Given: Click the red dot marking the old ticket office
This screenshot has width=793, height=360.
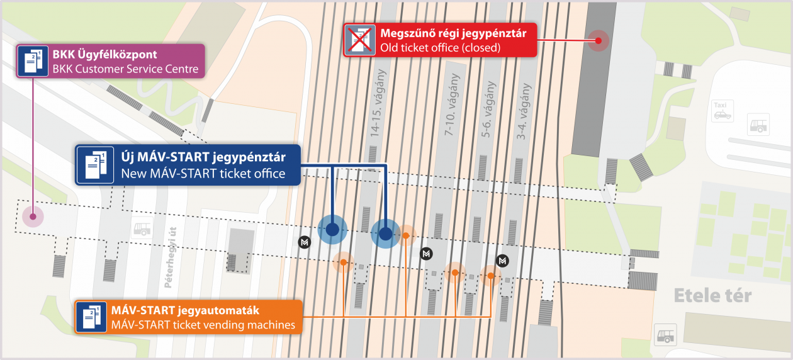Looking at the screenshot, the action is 599,40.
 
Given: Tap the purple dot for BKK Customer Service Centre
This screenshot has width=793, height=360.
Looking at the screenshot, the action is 33,217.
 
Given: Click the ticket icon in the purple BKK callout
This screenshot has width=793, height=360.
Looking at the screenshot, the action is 33,61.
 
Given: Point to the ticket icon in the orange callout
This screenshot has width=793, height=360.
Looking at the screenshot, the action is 91,317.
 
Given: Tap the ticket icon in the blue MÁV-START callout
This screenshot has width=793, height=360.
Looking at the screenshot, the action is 95,166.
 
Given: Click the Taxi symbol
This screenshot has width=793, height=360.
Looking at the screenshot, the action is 723,111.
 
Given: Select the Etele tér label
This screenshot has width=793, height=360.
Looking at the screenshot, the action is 712,296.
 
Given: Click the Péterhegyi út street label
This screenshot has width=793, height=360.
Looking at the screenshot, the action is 171,257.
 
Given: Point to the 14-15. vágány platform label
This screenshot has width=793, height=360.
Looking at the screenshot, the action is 377,103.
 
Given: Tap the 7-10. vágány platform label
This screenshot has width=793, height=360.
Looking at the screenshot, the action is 451,104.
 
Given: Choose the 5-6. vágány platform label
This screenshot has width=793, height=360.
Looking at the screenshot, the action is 488,110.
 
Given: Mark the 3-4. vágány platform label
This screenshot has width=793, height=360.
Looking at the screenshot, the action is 524,111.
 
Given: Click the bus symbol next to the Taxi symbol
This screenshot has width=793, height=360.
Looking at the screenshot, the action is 758,125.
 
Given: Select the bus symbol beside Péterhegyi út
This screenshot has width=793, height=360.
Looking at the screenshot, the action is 142,228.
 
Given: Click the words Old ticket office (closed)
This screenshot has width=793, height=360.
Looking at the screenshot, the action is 441,47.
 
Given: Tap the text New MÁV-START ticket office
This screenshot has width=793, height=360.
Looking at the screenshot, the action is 203,174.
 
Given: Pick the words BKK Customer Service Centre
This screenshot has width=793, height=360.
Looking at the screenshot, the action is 125,69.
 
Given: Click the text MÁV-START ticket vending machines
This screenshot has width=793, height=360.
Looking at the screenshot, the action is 203,325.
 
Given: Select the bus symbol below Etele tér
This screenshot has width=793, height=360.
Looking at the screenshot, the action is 665,335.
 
